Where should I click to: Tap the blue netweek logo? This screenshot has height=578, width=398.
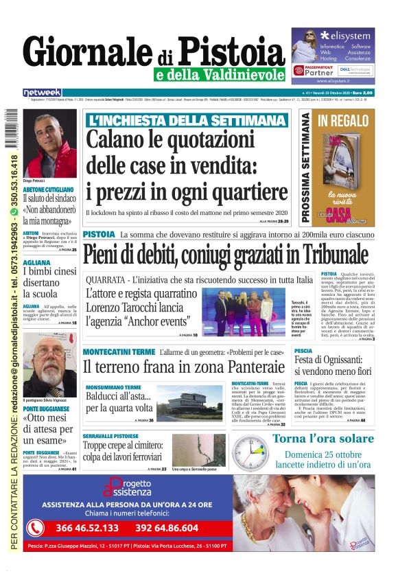pos(42,92)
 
